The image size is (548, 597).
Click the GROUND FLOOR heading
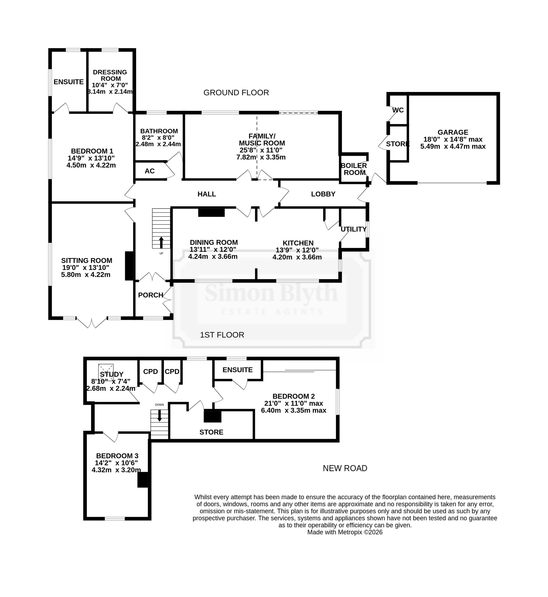click(x=236, y=93)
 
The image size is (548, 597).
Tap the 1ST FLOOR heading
click(x=222, y=335)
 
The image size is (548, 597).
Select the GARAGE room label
click(x=453, y=132)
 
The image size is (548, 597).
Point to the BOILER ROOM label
click(x=354, y=169)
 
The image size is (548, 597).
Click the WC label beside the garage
click(x=398, y=110)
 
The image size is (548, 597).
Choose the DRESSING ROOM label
click(x=110, y=75)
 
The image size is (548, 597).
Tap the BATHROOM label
click(x=159, y=131)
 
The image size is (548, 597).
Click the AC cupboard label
click(x=150, y=171)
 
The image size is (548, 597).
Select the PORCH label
click(x=151, y=295)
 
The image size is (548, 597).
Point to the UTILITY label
click(x=353, y=229)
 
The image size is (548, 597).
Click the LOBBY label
click(x=323, y=194)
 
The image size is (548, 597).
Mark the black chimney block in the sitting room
click(x=129, y=266)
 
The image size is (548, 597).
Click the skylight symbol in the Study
click(x=106, y=370)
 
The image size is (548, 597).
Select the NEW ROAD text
click(x=345, y=468)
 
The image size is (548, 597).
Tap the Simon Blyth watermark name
click(x=271, y=292)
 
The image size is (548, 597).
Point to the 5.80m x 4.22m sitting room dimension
click(x=86, y=275)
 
